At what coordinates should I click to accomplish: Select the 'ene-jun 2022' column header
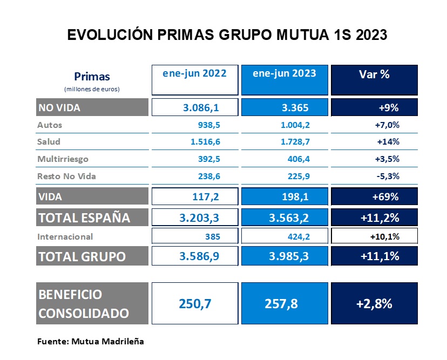[x=195, y=73]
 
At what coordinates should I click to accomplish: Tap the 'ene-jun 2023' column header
[x=284, y=73]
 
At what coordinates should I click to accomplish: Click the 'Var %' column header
[x=374, y=74]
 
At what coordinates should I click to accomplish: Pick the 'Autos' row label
[x=50, y=125]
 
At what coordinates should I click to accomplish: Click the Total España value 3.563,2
[x=284, y=218]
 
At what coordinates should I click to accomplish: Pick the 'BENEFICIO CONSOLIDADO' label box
[x=92, y=303]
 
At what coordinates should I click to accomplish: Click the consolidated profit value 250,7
[x=195, y=303]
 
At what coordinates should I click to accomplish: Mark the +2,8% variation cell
[x=374, y=303]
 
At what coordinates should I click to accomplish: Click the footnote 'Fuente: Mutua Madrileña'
[x=90, y=342]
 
